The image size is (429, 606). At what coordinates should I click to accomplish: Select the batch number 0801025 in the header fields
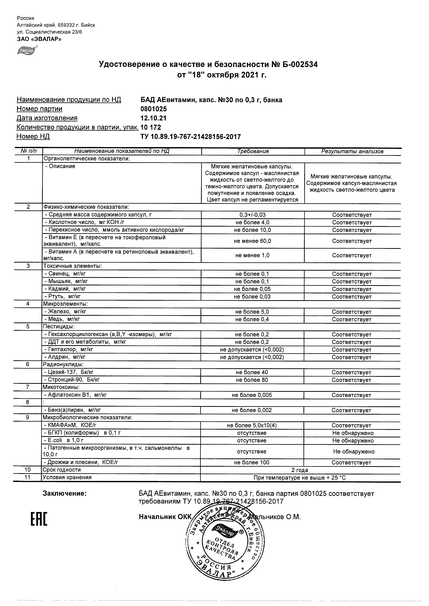pos(154,109)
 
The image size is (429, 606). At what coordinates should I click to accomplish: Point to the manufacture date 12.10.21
pos(153,118)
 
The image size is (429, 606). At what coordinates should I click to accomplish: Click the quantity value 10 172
pos(151,127)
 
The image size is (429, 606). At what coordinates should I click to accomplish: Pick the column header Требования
pos(253,151)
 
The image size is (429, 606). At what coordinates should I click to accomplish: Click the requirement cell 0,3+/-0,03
pos(252,215)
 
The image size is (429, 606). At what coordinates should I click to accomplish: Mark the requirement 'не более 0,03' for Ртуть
pos(252,297)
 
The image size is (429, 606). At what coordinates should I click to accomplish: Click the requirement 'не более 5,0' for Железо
pos(252,312)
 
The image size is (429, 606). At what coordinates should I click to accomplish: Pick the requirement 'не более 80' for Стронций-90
pos(252,380)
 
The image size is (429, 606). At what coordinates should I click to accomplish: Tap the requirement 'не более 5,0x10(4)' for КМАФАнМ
pos(252,425)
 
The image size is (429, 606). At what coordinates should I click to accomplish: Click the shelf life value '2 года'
pos(300,470)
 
